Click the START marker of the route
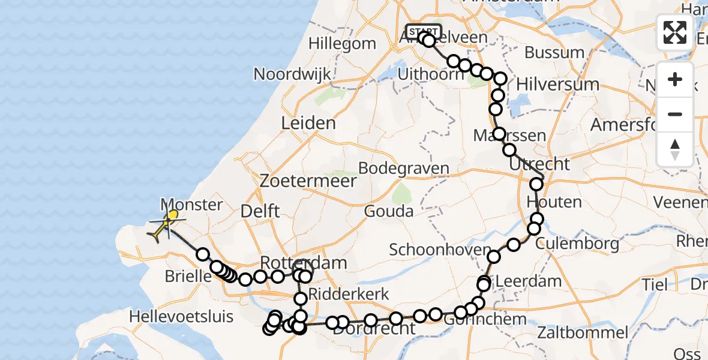[424, 31]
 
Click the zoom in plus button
[675, 80]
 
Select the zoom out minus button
[675, 114]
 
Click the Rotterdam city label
[304, 262]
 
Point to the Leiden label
[308, 124]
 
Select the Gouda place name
[389, 211]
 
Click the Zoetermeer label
[308, 181]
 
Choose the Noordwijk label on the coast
[292, 74]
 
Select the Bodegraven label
[404, 169]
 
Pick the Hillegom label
[343, 44]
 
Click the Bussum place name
[554, 53]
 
